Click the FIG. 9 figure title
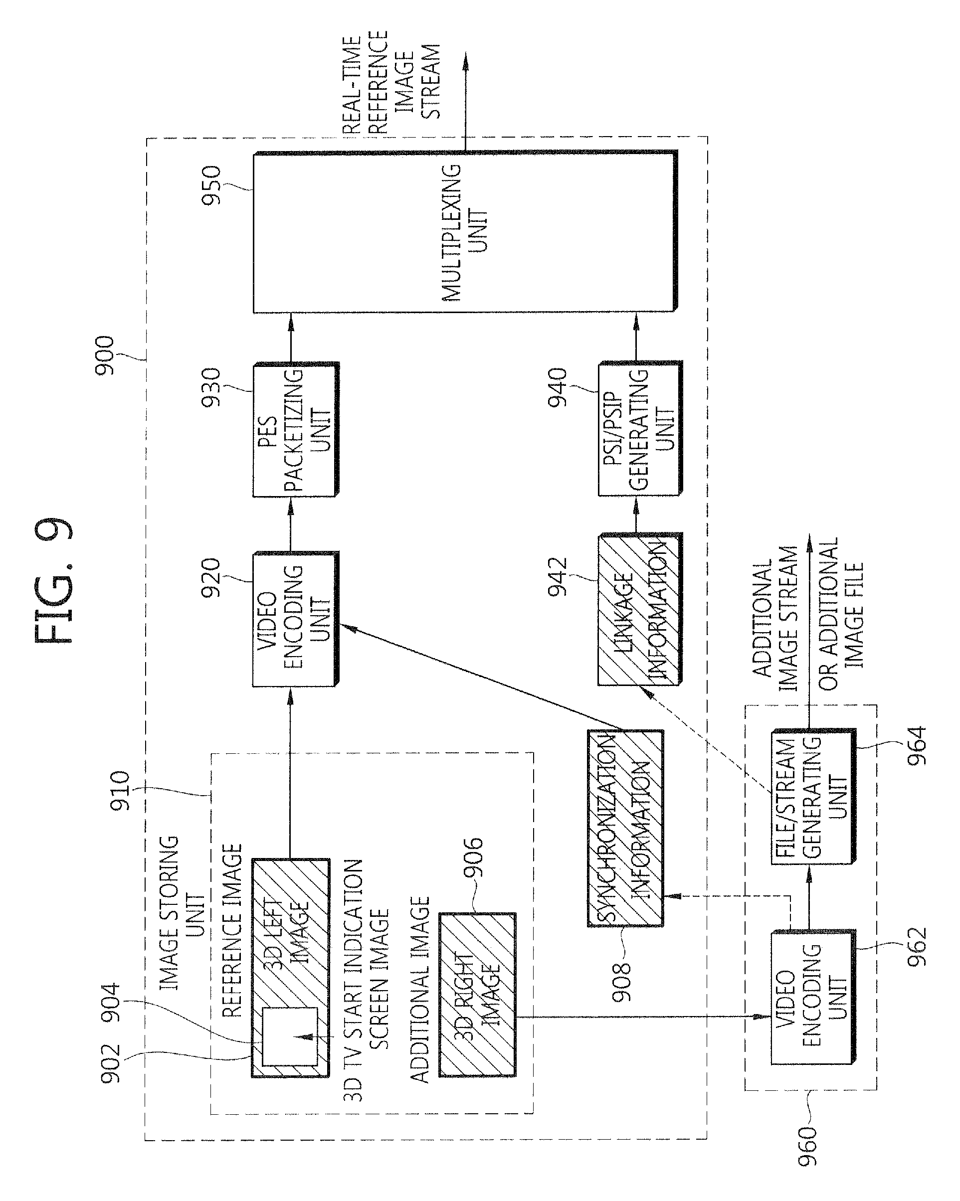54,581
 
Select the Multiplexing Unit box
465,231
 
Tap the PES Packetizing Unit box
295,429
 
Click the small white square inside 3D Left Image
290,1036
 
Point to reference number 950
212,186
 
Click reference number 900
105,356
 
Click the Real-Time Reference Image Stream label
391,82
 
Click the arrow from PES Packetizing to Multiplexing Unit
290,338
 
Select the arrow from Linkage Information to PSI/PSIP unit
636,514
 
